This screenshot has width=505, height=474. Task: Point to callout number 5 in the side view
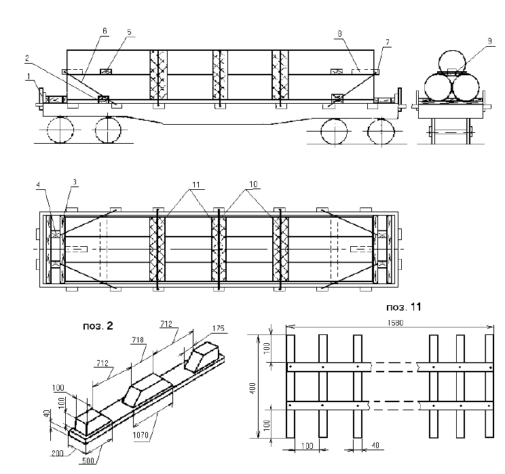(130, 33)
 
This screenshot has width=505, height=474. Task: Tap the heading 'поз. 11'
(406, 307)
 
